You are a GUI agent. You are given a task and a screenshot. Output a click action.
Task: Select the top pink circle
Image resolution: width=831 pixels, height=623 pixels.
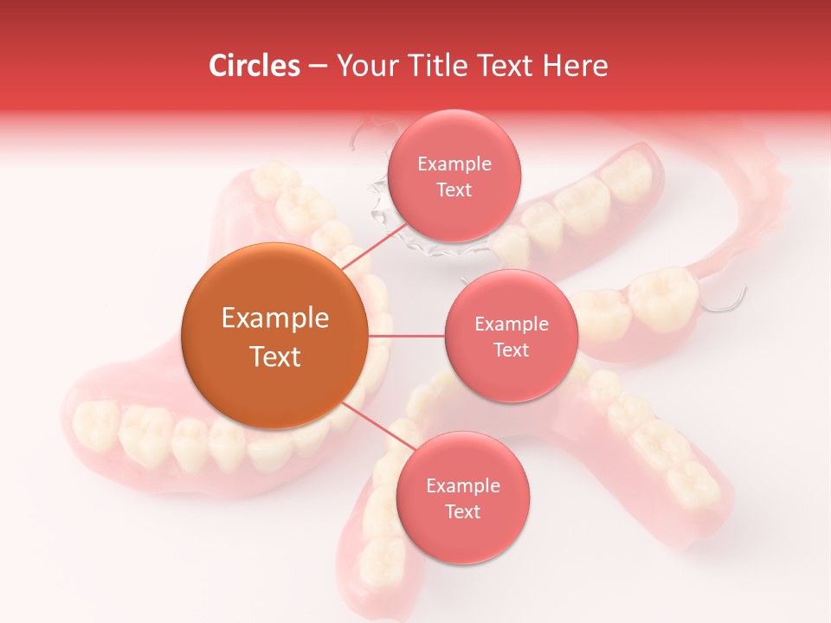(454, 176)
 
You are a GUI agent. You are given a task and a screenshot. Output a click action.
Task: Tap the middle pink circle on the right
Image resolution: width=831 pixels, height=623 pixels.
(511, 336)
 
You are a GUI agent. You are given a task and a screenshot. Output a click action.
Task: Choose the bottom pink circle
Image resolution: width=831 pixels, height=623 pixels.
(462, 498)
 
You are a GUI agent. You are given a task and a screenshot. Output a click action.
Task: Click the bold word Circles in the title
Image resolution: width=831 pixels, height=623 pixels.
(254, 66)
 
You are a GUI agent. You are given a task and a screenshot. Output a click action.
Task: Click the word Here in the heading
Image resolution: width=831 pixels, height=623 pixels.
(576, 66)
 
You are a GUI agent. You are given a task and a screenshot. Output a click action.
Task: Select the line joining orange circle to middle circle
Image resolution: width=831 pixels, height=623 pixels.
(407, 336)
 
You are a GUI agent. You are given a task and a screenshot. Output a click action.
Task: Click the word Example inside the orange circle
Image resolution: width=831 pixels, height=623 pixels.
(275, 318)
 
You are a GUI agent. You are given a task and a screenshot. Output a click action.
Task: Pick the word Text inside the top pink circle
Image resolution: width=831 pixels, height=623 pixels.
(454, 190)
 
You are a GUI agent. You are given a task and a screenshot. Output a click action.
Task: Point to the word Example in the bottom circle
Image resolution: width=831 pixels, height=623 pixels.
(462, 486)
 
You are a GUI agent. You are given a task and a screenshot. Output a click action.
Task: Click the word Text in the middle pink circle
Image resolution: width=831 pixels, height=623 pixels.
(511, 350)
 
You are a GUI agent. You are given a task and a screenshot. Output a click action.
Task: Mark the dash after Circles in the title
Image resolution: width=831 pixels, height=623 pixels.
(317, 66)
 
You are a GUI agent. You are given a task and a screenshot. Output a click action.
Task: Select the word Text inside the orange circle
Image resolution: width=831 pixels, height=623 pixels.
(275, 356)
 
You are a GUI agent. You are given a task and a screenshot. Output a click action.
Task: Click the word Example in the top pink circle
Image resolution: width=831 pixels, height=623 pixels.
(454, 164)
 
